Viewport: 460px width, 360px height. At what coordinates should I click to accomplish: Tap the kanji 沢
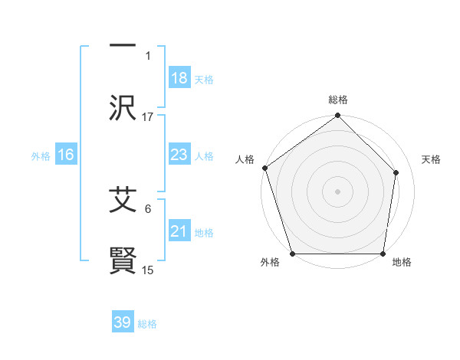coord(123,106)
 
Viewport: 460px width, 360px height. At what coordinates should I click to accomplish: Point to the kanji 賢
coord(123,260)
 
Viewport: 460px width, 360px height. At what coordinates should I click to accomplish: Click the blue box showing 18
coord(179,77)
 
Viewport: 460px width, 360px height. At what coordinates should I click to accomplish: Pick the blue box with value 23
coord(179,155)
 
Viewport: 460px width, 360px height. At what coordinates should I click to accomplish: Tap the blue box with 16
coord(66,155)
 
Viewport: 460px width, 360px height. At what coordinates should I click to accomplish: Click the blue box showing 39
coord(123,322)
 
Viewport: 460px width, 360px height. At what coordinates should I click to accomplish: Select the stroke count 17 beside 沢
coord(148,116)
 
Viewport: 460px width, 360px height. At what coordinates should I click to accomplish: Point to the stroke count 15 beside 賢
coord(148,270)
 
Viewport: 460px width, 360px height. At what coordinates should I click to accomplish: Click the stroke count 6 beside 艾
coord(148,208)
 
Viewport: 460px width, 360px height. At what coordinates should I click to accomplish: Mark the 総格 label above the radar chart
coord(338,100)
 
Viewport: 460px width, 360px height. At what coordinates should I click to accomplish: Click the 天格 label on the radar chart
coord(431,159)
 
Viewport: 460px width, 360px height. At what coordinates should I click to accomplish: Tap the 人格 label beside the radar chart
coord(245,159)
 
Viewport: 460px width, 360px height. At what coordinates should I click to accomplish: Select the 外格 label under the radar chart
coord(270,262)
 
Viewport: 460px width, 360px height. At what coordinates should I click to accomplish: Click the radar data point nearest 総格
coord(338,116)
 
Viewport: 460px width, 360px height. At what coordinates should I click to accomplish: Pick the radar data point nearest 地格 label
coord(383,254)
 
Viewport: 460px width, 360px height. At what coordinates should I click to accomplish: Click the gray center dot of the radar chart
coord(338,191)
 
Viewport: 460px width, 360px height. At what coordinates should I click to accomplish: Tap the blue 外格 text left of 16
coord(41,155)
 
